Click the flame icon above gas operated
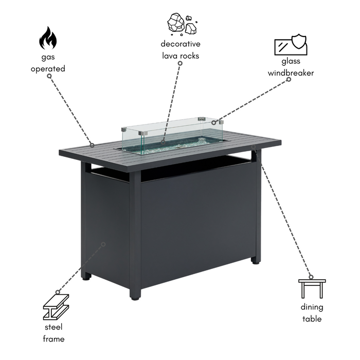point(48,38)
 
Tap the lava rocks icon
point(182,25)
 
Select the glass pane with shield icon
point(291,45)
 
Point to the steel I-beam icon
point(56,307)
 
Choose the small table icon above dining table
point(312,289)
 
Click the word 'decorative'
point(181,44)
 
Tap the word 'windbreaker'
point(291,73)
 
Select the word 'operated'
point(48,69)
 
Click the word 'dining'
point(312,307)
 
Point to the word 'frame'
point(53,338)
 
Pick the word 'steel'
point(53,327)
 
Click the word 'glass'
point(291,61)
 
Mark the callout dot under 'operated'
point(49,76)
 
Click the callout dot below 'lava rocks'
point(180,63)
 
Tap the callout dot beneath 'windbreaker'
point(289,79)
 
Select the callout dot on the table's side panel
point(103,244)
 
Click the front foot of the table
point(135,298)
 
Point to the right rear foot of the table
point(255,262)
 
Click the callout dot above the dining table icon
point(311,277)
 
